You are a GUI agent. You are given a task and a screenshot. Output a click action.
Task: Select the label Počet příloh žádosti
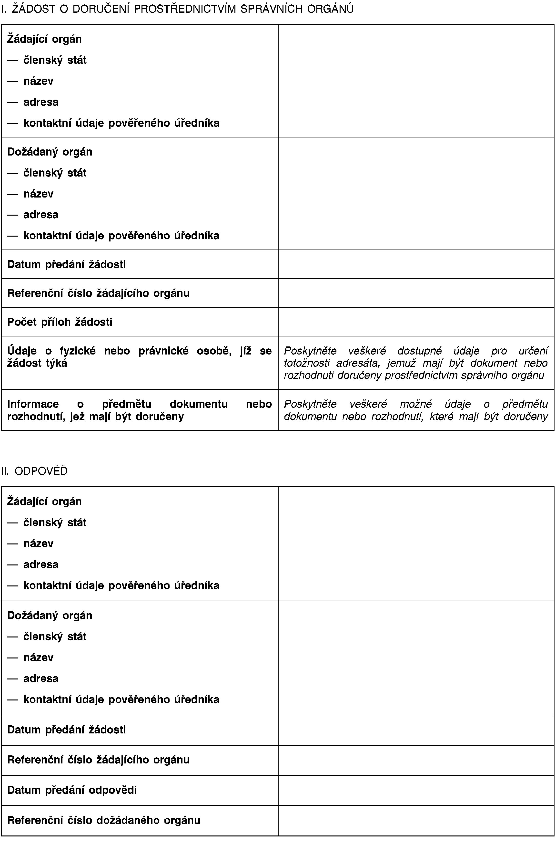pos(60,322)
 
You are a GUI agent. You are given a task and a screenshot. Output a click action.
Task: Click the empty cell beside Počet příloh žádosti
pos(416,322)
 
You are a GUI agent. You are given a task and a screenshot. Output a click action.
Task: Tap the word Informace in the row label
pos(33,404)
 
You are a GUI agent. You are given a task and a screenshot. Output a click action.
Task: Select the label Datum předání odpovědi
pos(72,790)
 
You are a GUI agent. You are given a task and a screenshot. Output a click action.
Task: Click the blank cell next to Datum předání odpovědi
pos(416,790)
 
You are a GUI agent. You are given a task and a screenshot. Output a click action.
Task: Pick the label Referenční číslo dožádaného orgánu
pos(104,820)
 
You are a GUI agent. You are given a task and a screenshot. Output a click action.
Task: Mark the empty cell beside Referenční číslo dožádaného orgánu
pos(416,820)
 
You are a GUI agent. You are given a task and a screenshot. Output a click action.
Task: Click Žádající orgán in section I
pos(44,39)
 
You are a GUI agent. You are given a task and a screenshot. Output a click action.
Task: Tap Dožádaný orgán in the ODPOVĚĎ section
pos(50,615)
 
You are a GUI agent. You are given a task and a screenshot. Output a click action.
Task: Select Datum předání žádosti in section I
pos(66,264)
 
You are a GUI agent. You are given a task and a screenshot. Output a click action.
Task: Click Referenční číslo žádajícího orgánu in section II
pos(98,760)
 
